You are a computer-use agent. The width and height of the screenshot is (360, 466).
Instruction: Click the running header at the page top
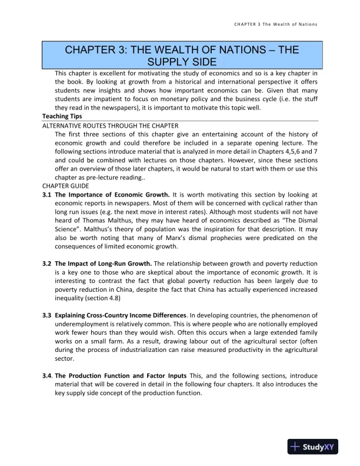tap(276, 25)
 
